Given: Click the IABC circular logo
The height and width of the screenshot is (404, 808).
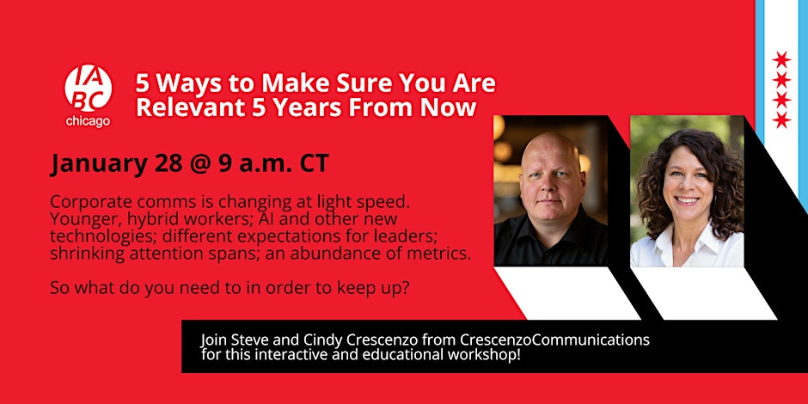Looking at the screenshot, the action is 89,89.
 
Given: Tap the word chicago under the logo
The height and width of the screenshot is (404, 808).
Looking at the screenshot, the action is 88,122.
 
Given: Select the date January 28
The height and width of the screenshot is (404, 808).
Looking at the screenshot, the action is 116,164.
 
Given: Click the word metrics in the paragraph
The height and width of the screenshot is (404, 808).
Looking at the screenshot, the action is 443,254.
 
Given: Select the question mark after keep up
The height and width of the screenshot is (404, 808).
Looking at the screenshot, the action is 406,287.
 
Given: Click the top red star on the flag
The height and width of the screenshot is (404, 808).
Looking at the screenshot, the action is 781,60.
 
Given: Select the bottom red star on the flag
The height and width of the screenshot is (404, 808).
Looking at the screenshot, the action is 781,119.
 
